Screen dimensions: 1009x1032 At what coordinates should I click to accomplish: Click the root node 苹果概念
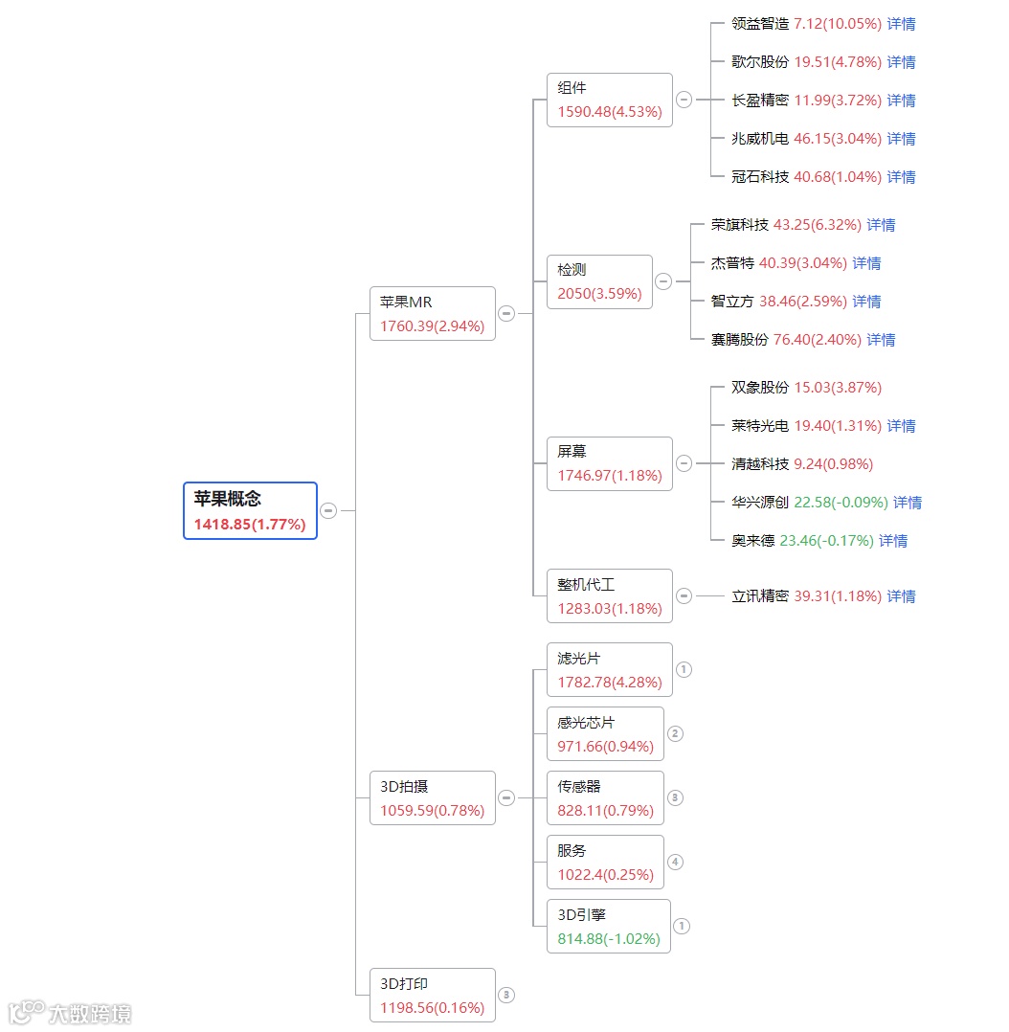click(250, 510)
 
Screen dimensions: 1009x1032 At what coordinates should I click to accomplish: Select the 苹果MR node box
click(432, 313)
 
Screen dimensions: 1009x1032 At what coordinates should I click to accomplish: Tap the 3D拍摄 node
click(432, 797)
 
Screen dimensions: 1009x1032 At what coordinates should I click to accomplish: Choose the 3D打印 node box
click(432, 995)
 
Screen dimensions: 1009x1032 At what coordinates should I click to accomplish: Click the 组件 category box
click(609, 100)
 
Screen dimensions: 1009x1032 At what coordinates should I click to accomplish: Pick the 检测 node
click(599, 281)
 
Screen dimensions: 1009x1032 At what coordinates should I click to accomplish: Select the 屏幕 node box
click(609, 463)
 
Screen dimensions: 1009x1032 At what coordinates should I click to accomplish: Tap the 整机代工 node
click(609, 595)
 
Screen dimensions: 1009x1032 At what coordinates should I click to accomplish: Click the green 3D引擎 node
click(608, 926)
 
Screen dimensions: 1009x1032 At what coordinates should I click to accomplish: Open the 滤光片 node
click(609, 669)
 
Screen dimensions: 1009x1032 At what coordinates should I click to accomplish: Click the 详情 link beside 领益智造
click(901, 24)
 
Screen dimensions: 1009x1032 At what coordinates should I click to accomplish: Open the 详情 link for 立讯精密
click(901, 596)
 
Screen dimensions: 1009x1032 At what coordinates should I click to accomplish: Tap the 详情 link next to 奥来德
click(893, 541)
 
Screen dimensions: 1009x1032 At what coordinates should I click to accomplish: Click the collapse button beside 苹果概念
click(328, 510)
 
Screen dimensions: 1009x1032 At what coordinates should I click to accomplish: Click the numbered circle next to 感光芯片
click(675, 733)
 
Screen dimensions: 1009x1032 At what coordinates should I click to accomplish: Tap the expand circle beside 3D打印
click(506, 995)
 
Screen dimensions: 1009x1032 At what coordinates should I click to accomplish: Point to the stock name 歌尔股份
click(760, 62)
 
